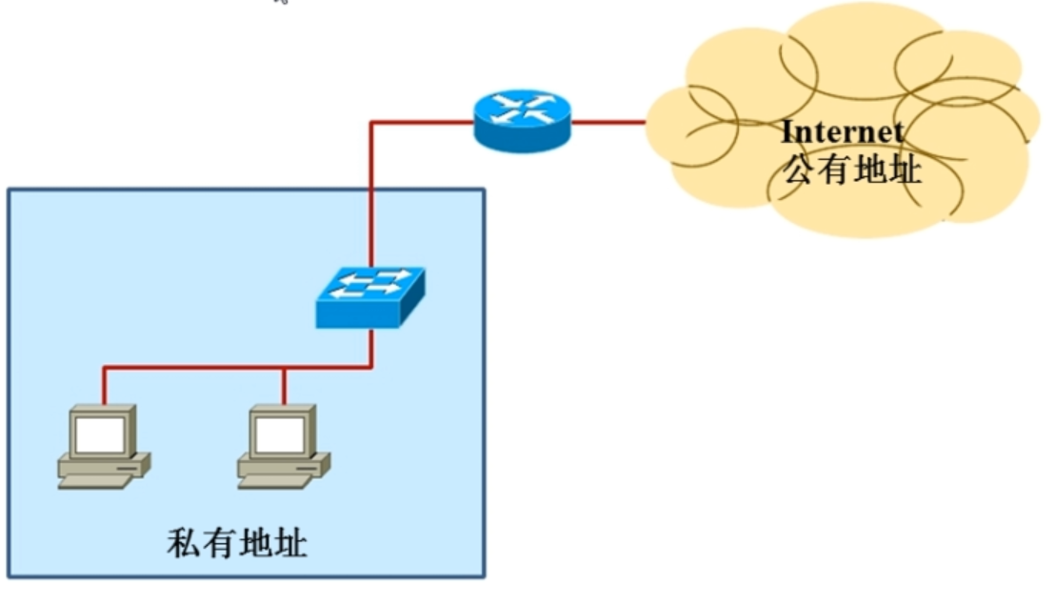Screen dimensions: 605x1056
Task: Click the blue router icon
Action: click(x=522, y=121)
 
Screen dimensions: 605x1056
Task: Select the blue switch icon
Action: click(x=369, y=297)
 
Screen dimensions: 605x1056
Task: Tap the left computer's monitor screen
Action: click(x=100, y=435)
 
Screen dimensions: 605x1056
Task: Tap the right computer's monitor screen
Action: click(x=279, y=435)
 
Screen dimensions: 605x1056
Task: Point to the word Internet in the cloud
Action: click(x=842, y=132)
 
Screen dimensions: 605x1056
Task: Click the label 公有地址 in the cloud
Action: click(x=851, y=169)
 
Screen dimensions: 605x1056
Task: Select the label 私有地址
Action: click(x=237, y=544)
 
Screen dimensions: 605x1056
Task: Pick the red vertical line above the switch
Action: click(x=370, y=200)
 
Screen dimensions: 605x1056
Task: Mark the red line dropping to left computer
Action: click(x=104, y=386)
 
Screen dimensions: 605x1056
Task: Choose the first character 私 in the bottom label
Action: click(x=184, y=544)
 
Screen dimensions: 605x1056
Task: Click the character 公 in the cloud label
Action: click(x=798, y=169)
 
